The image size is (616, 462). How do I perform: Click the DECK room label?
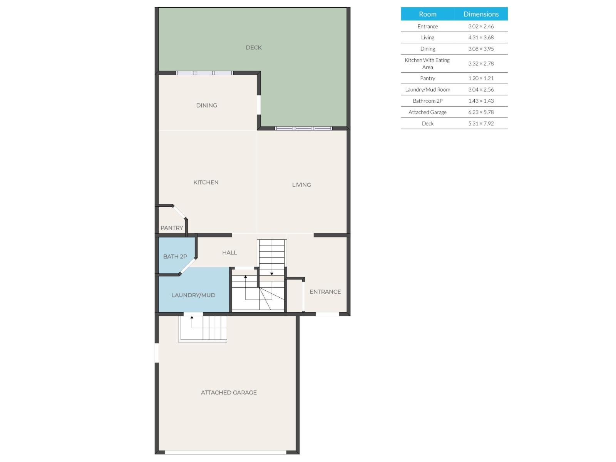(254, 48)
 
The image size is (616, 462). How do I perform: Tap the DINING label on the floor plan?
(207, 105)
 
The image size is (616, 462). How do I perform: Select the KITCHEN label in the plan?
(206, 182)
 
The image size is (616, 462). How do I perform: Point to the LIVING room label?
(301, 185)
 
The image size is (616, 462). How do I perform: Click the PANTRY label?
(172, 228)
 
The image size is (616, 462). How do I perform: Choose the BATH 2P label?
(175, 256)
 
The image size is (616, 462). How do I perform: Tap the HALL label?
(229, 253)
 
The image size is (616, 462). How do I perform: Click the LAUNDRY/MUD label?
(193, 295)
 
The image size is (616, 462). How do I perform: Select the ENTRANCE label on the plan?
(325, 292)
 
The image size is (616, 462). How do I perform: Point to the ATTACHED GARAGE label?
(229, 393)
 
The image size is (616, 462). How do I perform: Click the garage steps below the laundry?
(203, 328)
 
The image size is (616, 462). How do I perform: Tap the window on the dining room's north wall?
(204, 73)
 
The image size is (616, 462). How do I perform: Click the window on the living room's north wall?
(303, 128)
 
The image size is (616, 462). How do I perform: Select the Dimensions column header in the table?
(481, 14)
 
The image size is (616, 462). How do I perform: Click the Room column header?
(428, 14)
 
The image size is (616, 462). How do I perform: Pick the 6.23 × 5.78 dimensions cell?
(481, 112)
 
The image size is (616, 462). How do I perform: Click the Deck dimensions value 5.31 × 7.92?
(481, 124)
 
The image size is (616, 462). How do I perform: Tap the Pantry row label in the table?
(428, 78)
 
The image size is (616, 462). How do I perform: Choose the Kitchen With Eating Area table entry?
(427, 64)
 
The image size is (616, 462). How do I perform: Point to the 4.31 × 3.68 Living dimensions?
(481, 38)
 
